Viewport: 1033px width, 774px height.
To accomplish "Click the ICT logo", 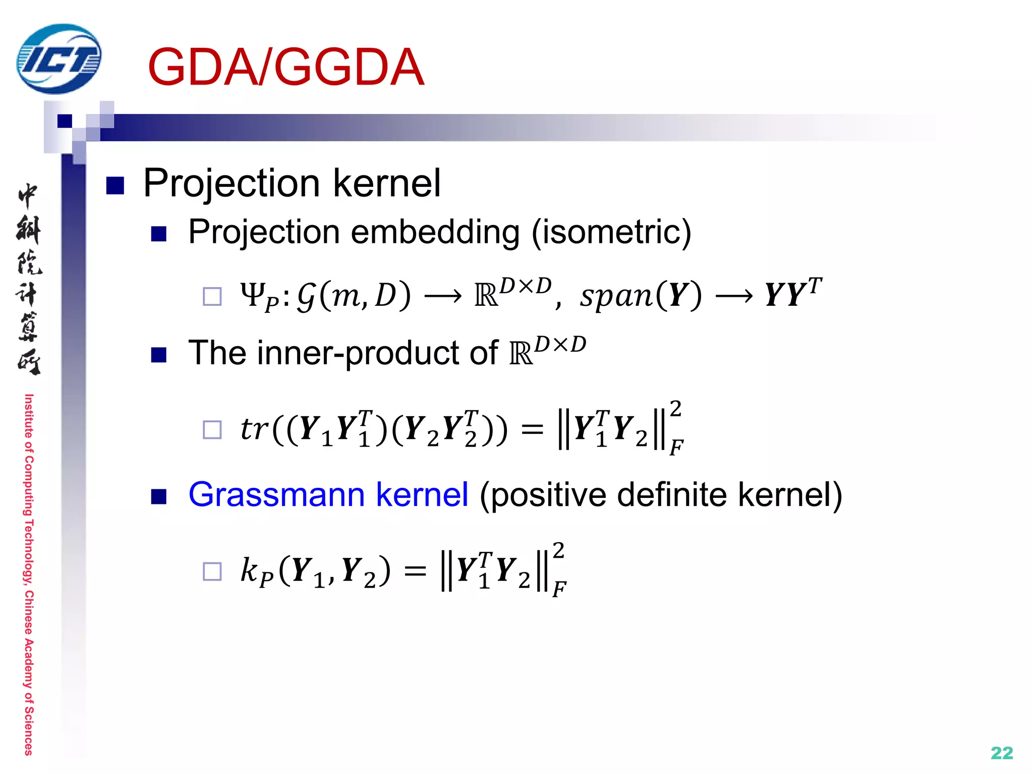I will click(59, 59).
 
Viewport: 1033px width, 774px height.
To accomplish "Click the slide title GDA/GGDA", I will click(285, 67).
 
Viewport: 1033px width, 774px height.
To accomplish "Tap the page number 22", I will click(1002, 753).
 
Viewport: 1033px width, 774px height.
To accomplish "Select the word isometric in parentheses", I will click(611, 232).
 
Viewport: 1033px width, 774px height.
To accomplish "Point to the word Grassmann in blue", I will click(276, 494).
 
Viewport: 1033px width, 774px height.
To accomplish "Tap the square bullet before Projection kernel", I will click(115, 185).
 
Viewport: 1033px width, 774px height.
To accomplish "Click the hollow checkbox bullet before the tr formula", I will click(212, 430).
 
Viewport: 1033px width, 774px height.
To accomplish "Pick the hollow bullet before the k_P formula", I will click(212, 571).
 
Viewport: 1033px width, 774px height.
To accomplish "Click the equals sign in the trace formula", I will click(532, 430).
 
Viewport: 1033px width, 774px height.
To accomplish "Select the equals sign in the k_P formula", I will click(415, 571).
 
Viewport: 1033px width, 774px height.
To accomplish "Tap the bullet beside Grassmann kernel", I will click(159, 497).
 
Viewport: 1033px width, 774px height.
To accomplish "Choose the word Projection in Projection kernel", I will click(232, 183).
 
